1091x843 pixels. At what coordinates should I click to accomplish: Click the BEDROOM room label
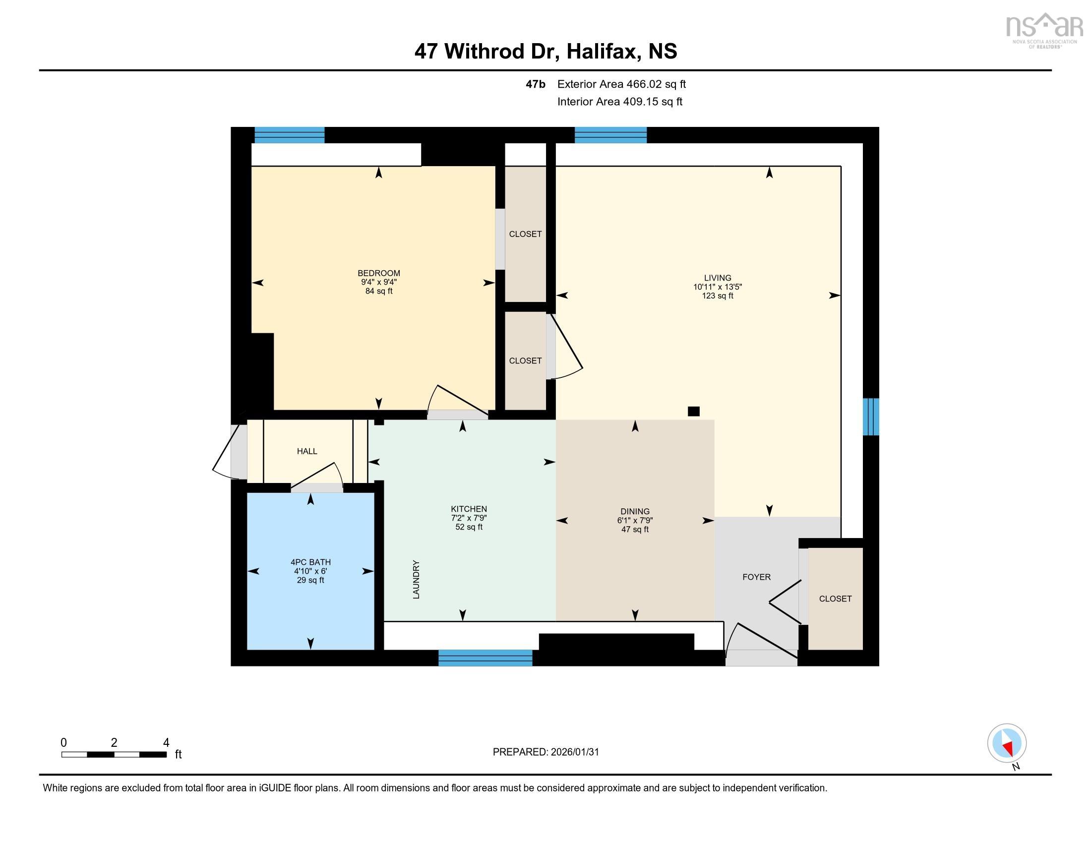[x=379, y=273]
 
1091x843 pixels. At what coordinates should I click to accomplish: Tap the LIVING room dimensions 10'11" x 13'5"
[x=718, y=287]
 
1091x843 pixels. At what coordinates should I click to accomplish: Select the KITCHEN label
[x=469, y=509]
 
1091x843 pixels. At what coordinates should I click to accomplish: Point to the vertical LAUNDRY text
[x=416, y=579]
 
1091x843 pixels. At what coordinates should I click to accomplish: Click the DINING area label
[x=635, y=511]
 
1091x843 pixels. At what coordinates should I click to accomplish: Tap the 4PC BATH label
[x=310, y=562]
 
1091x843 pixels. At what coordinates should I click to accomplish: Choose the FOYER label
[x=756, y=577]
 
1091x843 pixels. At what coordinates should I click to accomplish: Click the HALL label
[x=306, y=451]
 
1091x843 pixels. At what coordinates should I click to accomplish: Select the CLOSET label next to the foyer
[x=835, y=599]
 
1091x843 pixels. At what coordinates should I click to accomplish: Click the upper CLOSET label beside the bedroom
[x=525, y=234]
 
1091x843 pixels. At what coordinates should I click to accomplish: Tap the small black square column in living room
[x=693, y=411]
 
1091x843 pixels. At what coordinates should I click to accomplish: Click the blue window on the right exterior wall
[x=871, y=417]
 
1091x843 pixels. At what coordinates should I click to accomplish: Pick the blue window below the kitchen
[x=485, y=658]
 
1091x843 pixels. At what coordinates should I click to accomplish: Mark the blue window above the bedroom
[x=289, y=135]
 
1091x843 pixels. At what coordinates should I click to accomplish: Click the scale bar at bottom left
[x=114, y=754]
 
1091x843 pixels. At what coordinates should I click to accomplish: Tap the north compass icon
[x=1007, y=743]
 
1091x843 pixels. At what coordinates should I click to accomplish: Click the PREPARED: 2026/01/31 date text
[x=545, y=752]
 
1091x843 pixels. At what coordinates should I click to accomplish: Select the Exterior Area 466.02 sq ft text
[x=621, y=84]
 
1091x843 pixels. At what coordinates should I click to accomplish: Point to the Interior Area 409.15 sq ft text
[x=619, y=101]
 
